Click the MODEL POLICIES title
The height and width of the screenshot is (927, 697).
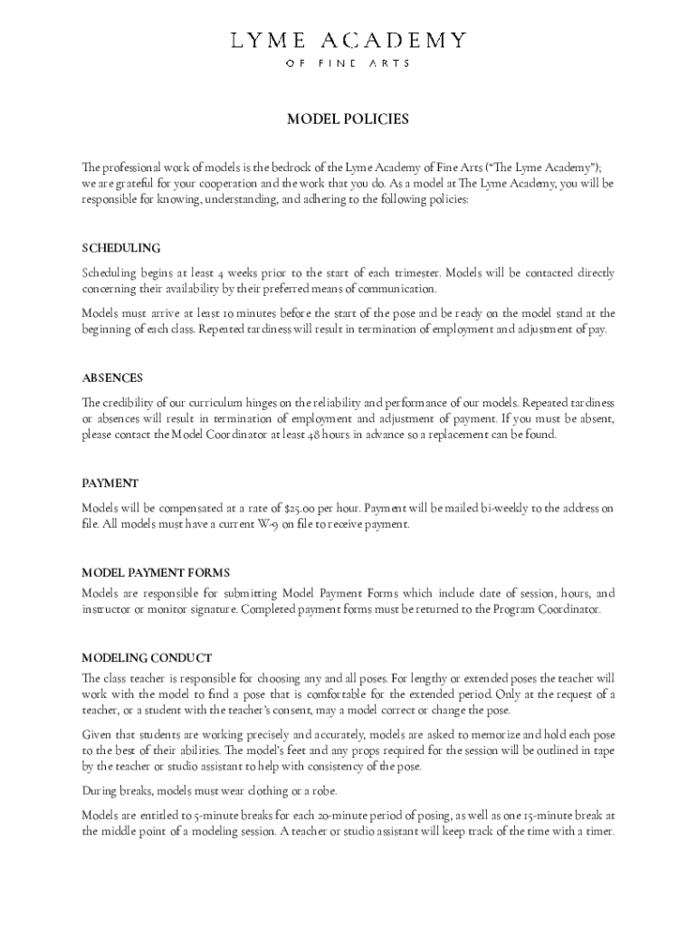[x=348, y=119]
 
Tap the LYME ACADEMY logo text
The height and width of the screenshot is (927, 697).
[x=348, y=40]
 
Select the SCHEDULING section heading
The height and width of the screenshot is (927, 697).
[x=121, y=248]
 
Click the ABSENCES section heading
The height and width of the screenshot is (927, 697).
[x=112, y=377]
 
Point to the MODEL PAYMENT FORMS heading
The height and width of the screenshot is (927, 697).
[x=156, y=573]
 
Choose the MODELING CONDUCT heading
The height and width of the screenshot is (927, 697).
[x=147, y=657]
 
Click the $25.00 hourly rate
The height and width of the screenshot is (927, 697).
[x=302, y=508]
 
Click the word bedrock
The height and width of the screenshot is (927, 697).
[x=277, y=167]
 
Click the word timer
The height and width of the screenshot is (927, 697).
[x=600, y=831]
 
